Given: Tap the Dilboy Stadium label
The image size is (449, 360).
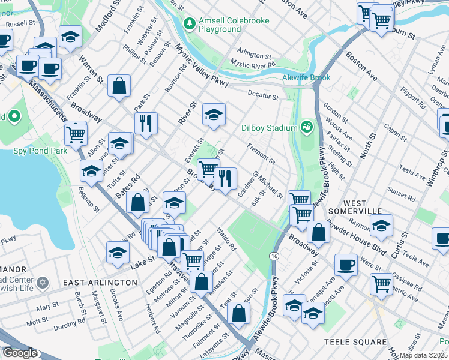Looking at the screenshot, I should pos(270,128).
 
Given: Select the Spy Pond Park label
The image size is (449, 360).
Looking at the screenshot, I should pos(40,151).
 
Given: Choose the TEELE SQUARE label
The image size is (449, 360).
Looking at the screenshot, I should pos(355,342).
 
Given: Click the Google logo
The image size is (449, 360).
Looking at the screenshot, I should pos(20,353).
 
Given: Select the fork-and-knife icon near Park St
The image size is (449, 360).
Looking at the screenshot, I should pos(146,123).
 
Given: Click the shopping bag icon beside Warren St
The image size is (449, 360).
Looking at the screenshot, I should pos(119,85).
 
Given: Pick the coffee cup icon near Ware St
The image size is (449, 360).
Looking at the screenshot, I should pos(346,265).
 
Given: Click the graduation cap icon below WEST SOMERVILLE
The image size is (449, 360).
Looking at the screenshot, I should pos(381,226).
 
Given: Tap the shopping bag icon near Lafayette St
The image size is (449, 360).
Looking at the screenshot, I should pos(239,313).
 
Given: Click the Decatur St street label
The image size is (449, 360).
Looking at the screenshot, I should pos(263,95).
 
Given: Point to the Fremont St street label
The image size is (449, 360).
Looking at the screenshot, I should pos(261,154).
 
